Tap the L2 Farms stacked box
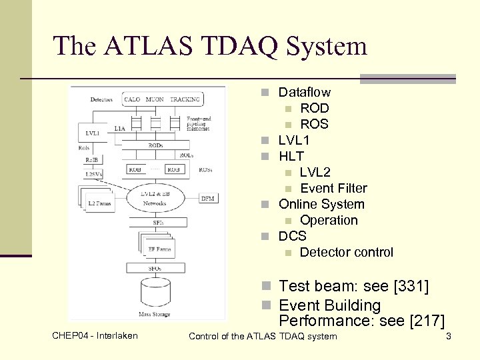click(x=99, y=201)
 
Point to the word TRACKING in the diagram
click(x=185, y=100)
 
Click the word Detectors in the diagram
click(x=101, y=100)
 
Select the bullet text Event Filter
click(x=333, y=188)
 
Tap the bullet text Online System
click(x=321, y=204)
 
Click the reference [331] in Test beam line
click(x=411, y=286)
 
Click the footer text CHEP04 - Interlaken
click(x=95, y=335)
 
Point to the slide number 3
click(x=449, y=336)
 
